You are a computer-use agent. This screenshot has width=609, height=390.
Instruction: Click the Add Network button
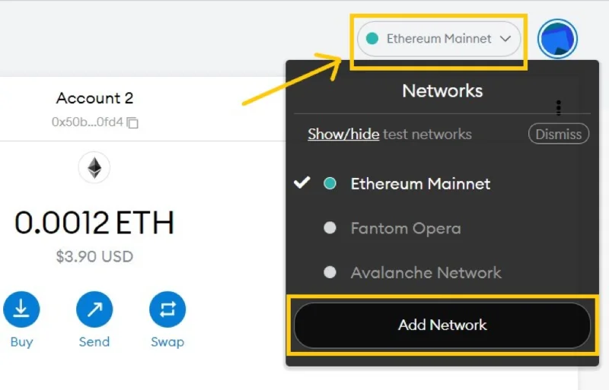(x=442, y=325)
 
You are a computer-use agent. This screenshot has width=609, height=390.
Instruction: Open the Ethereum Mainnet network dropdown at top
(x=439, y=39)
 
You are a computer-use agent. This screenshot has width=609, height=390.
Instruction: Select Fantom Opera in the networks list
(x=406, y=228)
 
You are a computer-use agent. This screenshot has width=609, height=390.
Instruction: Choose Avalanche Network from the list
(x=426, y=272)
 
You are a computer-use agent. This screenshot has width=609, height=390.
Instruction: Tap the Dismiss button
(x=559, y=134)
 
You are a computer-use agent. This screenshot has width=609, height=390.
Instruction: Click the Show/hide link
(x=343, y=134)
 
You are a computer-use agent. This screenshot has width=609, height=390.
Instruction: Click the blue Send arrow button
(x=94, y=309)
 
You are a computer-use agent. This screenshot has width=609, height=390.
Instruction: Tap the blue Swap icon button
(x=167, y=309)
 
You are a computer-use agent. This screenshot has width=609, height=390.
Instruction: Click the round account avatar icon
(x=557, y=39)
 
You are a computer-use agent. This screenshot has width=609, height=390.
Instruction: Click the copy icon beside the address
(x=132, y=122)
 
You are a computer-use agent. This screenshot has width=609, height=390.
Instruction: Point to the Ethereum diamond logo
(x=94, y=168)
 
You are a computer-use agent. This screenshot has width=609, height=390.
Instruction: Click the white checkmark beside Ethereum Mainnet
(x=301, y=182)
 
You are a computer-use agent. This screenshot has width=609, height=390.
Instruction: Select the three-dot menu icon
(x=559, y=108)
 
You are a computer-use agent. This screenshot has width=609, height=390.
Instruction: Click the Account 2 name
(x=94, y=98)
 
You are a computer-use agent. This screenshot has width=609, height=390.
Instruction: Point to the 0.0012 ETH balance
(x=94, y=222)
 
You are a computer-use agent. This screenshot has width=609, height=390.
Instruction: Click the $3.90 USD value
(x=94, y=256)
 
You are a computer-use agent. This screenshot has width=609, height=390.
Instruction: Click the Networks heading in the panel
(x=442, y=90)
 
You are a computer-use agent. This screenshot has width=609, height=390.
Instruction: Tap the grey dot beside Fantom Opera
(x=330, y=228)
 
